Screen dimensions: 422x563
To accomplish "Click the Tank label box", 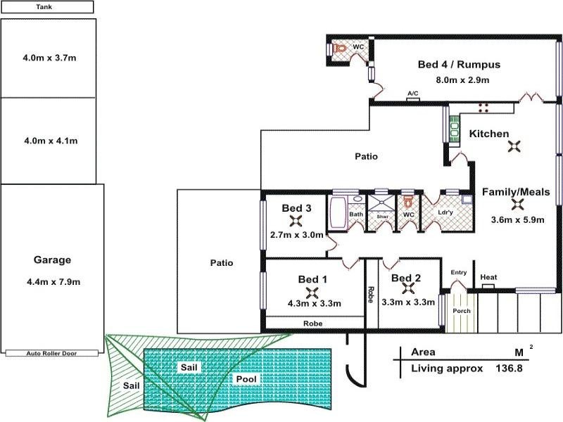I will (x=47, y=7).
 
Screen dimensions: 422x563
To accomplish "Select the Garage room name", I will (x=52, y=260).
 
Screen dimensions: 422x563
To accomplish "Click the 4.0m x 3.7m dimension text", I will (x=49, y=58).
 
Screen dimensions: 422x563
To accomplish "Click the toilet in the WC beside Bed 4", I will (x=341, y=49).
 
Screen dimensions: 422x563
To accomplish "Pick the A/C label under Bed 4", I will (x=413, y=92).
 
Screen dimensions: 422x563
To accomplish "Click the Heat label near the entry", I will (x=488, y=278).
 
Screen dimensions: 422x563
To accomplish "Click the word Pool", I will (x=247, y=379).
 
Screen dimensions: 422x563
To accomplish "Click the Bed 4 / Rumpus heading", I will (x=459, y=65).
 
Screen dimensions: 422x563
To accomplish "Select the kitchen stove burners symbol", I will (x=484, y=107).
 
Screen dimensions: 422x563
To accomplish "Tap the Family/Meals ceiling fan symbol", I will (x=518, y=204).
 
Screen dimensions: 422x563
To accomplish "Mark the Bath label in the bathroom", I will (x=356, y=214).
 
